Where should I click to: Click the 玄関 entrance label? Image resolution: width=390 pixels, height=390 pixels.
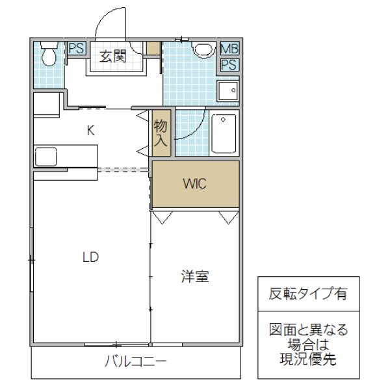(112, 56)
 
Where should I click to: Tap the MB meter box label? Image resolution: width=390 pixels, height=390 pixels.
(229, 49)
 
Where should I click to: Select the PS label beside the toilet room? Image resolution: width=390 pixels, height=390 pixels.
(76, 48)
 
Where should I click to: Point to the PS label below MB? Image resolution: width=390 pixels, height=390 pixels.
(229, 64)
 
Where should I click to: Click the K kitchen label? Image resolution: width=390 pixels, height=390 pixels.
(91, 130)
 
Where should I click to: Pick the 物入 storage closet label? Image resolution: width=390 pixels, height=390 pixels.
(161, 133)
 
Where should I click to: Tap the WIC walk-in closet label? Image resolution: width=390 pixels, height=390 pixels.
(194, 184)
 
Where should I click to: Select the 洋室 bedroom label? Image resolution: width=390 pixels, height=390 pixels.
(194, 277)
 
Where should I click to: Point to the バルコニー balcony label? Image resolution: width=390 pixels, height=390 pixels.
(136, 361)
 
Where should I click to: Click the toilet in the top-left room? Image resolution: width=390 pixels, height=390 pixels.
(48, 55)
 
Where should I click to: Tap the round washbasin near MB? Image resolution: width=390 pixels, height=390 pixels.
(203, 49)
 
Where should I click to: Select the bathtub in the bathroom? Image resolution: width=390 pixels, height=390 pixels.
(224, 133)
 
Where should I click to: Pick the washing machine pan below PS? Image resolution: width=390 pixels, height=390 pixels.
(227, 90)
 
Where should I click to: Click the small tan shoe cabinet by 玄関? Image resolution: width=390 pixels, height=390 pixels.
(153, 48)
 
